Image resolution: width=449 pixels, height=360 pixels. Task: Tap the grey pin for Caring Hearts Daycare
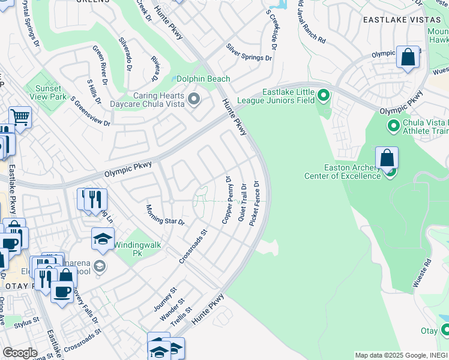[x=194, y=98]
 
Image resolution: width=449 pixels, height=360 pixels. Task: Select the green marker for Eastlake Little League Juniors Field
[x=324, y=95]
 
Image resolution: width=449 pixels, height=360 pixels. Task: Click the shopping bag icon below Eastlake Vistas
[x=408, y=58]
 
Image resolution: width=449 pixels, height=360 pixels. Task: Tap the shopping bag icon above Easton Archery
[x=387, y=158]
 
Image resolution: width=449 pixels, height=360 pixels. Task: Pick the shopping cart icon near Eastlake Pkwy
[x=20, y=117]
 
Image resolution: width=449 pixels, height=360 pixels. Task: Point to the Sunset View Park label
[x=46, y=92]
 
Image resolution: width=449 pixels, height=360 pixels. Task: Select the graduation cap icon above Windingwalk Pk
[x=103, y=238]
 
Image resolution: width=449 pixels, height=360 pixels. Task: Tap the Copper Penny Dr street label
[x=227, y=200]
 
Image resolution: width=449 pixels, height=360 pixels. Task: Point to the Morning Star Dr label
[x=165, y=215]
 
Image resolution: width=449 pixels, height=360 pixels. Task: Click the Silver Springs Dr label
[x=249, y=53]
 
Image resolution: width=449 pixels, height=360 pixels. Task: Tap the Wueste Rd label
[x=427, y=272]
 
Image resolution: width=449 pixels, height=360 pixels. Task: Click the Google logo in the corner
[x=20, y=353]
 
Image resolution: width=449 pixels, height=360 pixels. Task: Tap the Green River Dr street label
[x=100, y=63]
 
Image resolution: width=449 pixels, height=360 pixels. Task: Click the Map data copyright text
[x=401, y=355]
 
